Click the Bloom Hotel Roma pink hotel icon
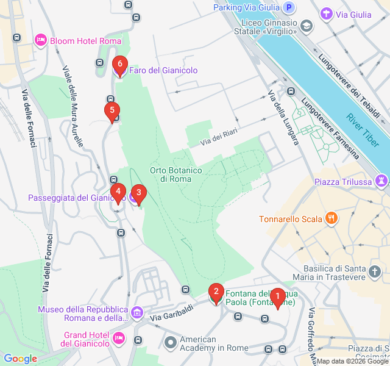coord(41,40)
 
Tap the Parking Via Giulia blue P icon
coord(290,7)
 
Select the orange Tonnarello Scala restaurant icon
coord(331,218)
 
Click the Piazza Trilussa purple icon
coord(381,181)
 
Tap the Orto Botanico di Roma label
coord(172,174)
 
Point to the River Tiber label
coord(362,117)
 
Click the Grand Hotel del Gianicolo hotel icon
coord(118,337)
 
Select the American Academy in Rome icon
coord(171,343)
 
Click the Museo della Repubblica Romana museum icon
coord(136,313)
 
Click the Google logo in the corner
coord(20,359)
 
